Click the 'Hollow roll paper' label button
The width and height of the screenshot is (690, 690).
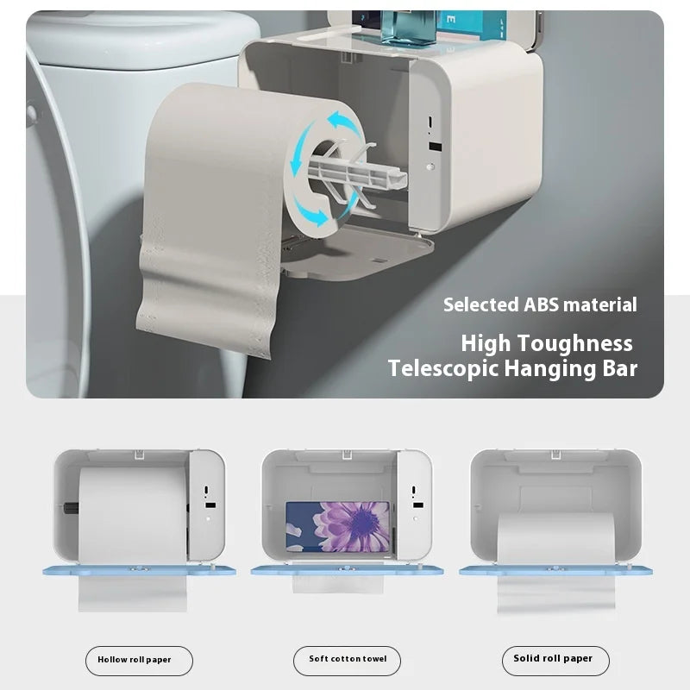[139, 660]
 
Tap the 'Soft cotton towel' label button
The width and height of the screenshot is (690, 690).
[348, 660]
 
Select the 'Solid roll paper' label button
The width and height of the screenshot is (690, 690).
[555, 660]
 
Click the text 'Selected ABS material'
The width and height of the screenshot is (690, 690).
[540, 304]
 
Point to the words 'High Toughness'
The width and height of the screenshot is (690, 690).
[546, 342]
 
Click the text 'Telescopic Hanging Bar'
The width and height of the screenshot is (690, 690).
[512, 369]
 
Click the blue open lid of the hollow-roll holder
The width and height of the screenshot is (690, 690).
[138, 570]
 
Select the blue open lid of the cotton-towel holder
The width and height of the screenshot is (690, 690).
[347, 570]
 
